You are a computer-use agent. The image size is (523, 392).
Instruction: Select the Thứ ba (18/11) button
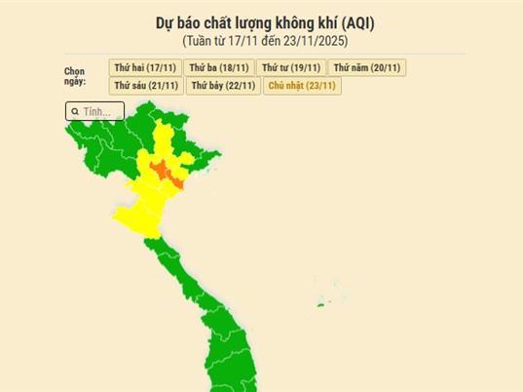(x=218, y=67)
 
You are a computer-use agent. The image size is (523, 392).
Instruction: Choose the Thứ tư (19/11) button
(x=291, y=67)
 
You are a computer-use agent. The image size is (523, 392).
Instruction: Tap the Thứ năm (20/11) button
(x=366, y=67)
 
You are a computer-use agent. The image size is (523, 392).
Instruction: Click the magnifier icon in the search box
(x=75, y=112)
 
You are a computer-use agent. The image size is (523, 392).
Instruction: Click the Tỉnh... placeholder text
(x=96, y=112)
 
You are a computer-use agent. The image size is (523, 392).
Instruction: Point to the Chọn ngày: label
(x=75, y=76)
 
